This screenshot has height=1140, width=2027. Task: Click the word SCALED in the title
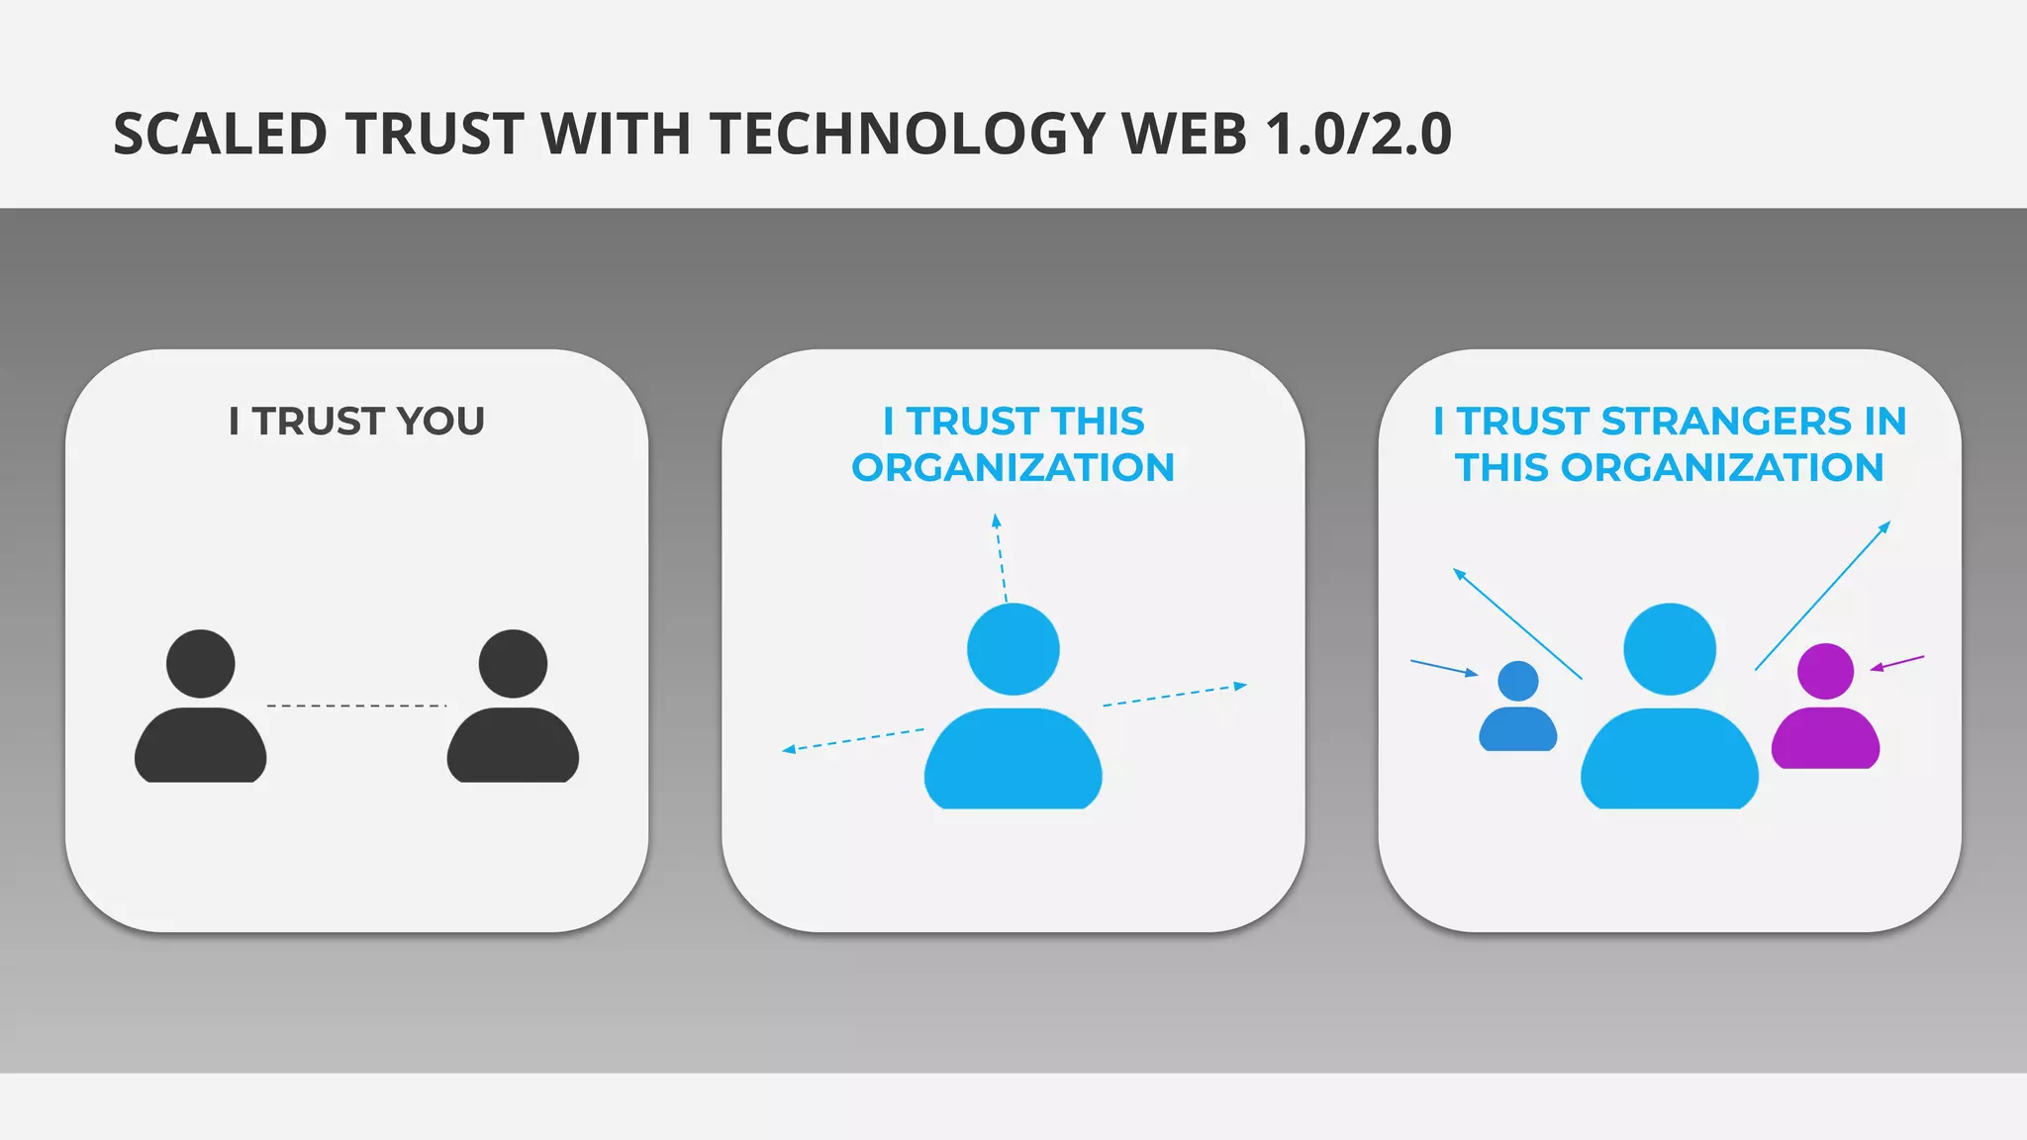[220, 134]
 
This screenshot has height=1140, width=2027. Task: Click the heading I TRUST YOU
[356, 422]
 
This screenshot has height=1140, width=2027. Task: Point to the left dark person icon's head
[201, 663]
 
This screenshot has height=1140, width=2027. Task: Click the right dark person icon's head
[513, 663]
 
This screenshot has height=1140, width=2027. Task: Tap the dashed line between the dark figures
[356, 706]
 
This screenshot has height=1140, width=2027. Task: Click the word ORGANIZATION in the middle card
[1013, 467]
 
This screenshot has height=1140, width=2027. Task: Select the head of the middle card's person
[1013, 649]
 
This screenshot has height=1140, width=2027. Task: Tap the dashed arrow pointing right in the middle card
[1175, 695]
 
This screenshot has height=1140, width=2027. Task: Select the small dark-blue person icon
[1517, 708]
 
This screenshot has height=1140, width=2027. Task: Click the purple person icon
[1825, 708]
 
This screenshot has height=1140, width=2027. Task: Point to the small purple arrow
[1897, 663]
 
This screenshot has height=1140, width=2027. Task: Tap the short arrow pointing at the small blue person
[1444, 668]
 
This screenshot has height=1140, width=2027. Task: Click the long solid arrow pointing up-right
[1822, 596]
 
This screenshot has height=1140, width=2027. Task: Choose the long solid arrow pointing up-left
[1517, 623]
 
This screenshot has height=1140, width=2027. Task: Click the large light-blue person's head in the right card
[1670, 649]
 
